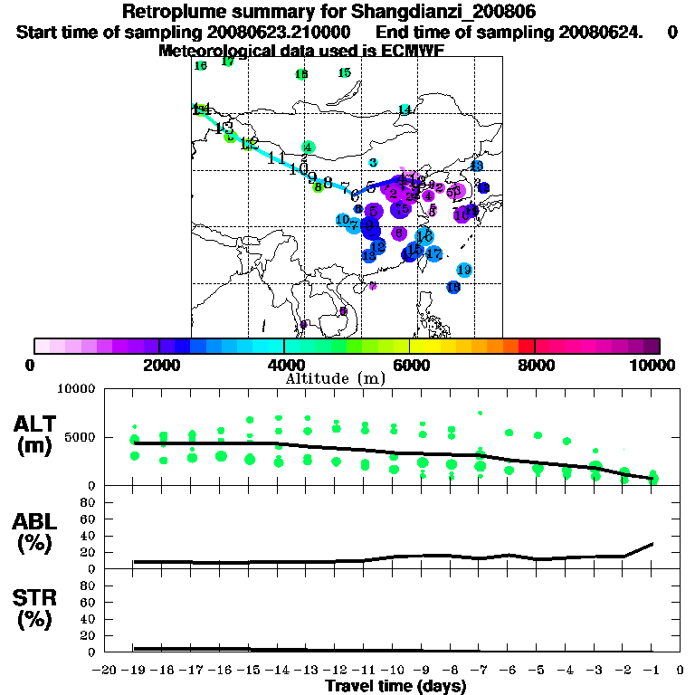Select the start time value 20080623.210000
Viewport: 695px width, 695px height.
(x=273, y=33)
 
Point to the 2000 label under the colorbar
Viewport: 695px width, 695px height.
(x=158, y=365)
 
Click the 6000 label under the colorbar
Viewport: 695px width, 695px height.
(x=409, y=365)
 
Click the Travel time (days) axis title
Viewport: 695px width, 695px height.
(x=395, y=687)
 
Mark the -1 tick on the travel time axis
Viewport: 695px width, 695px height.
(x=651, y=670)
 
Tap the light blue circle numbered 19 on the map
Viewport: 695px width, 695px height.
(x=464, y=270)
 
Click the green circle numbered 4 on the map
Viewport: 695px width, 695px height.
(x=309, y=147)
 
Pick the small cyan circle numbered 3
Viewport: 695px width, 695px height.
(x=373, y=163)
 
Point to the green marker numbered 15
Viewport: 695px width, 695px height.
(x=345, y=72)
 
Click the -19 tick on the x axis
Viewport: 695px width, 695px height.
(x=134, y=670)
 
